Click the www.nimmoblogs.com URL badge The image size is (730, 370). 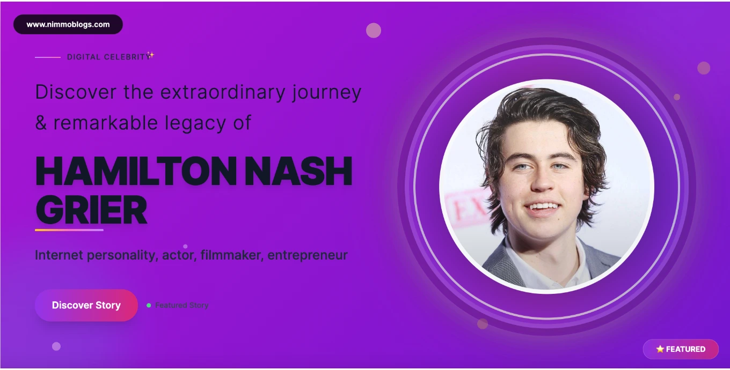coord(68,25)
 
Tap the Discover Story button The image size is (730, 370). coord(86,305)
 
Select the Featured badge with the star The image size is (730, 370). coord(681,349)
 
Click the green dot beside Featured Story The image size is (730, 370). coord(149,305)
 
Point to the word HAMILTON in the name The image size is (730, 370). coord(136,172)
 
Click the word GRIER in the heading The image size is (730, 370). coord(91,210)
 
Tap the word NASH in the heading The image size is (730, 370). coord(298,172)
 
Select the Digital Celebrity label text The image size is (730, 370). coord(108,57)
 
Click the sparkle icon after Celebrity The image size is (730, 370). coord(150,55)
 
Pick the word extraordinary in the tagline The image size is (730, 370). coord(223,92)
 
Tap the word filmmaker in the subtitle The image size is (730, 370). coord(232,255)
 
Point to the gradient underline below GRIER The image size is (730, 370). coord(69,230)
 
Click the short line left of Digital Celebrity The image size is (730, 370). coord(48,57)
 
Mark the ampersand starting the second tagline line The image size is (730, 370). coord(41,123)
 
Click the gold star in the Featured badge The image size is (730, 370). coord(660,349)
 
